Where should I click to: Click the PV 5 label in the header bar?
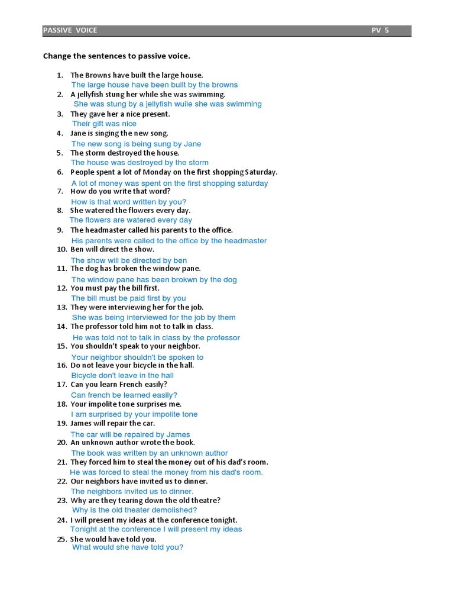click(380, 30)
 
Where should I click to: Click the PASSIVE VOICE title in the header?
click(70, 30)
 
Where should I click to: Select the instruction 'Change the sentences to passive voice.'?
click(117, 56)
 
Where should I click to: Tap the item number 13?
click(61, 307)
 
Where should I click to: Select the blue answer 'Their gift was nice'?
click(104, 124)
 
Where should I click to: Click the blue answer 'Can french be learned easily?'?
click(124, 395)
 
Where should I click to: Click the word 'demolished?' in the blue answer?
click(176, 510)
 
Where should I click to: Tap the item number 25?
click(61, 539)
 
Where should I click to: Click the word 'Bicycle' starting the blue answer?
click(84, 375)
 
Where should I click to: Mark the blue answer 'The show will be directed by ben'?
click(129, 260)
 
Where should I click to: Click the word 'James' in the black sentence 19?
click(82, 424)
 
